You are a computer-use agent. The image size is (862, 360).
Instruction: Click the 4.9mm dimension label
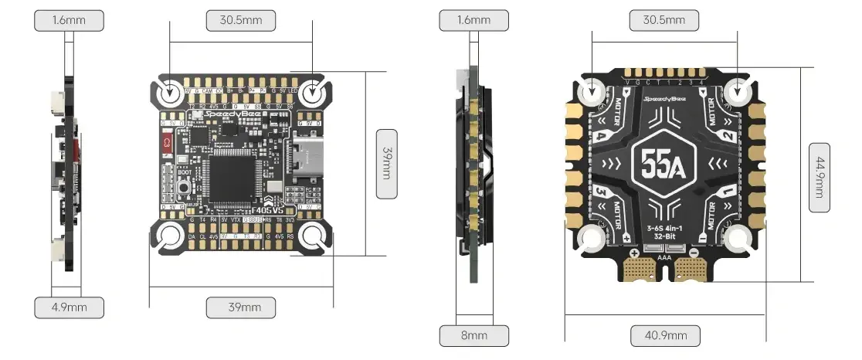[x=69, y=307]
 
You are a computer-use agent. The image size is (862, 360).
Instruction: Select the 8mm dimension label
[x=474, y=335]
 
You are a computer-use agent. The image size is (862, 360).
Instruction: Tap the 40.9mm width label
[x=665, y=335]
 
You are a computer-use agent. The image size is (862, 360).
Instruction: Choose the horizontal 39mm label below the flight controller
[x=241, y=307]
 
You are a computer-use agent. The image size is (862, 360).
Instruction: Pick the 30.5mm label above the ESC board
[x=664, y=19]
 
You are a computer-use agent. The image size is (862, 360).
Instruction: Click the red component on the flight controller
[x=165, y=143]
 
